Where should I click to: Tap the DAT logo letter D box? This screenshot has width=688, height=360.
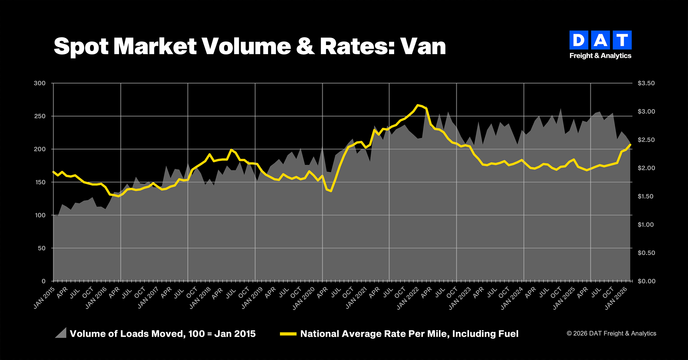point(578,40)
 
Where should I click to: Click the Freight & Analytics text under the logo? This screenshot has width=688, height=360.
point(600,56)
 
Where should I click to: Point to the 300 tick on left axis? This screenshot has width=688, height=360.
point(40,83)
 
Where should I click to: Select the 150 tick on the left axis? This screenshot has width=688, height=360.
point(40,182)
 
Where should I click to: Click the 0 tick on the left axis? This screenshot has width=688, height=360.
point(44,281)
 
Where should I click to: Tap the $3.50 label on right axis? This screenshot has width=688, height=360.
point(646,83)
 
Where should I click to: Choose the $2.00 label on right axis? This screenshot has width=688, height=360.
point(646,168)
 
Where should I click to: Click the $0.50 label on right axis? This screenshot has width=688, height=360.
point(646,253)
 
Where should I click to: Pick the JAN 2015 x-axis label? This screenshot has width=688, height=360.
point(44,298)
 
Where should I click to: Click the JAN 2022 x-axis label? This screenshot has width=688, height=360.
point(408,298)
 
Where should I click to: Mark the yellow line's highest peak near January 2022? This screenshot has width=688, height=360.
point(418,105)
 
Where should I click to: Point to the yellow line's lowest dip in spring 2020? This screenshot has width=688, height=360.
point(331,191)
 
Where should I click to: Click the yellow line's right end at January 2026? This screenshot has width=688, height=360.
point(630,145)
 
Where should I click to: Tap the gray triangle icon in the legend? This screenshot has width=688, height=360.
point(61,333)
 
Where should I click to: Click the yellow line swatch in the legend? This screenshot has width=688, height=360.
point(288,334)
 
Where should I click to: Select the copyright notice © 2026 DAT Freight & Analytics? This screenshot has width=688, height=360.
point(611,333)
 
